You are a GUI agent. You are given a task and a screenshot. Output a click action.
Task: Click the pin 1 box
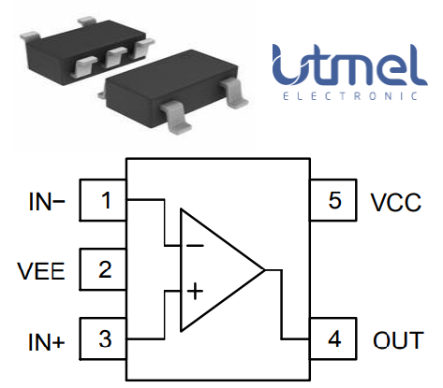pos(105,200)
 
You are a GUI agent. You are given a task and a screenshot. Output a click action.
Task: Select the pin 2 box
pos(105,270)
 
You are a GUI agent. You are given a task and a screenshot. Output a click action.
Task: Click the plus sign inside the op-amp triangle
pos(194,291)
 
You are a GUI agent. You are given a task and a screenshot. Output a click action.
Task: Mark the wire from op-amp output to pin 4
pos(281,309)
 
